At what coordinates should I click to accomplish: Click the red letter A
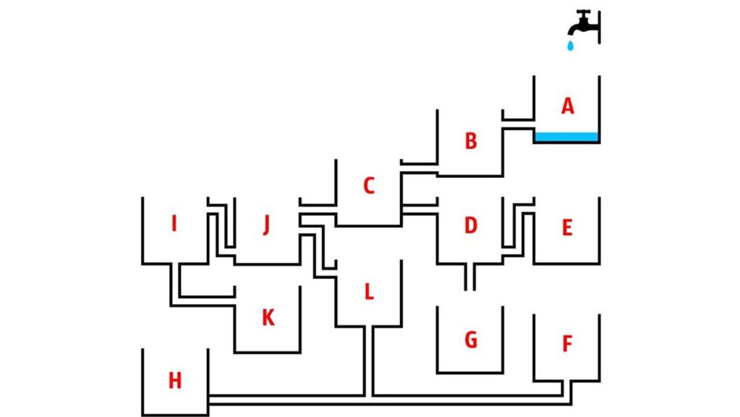[x=568, y=106]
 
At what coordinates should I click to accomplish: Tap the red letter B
[x=471, y=141]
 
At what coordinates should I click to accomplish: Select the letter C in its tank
[x=368, y=186]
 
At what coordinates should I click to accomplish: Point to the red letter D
[x=470, y=226]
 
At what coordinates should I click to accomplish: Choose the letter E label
[x=567, y=228]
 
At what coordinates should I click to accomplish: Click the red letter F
[x=567, y=344]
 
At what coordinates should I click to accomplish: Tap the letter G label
[x=471, y=340]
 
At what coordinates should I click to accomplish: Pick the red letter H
[x=175, y=382]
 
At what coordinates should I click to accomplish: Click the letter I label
[x=174, y=224]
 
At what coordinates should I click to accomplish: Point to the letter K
[x=268, y=318]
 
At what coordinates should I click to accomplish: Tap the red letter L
[x=368, y=292]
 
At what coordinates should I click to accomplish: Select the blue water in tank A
[x=567, y=136]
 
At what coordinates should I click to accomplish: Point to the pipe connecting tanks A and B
[x=517, y=124]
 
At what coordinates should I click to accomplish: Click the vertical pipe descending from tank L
[x=368, y=359]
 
